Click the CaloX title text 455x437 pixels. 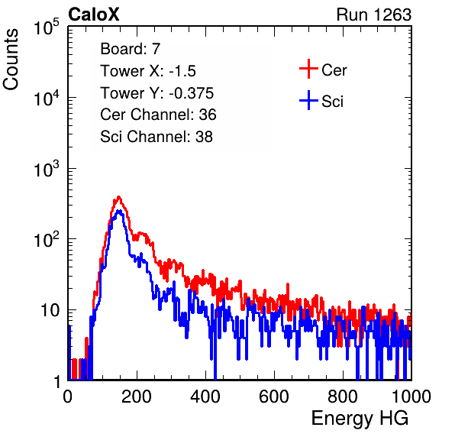[94, 15]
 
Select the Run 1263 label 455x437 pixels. [374, 15]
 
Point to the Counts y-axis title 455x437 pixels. [11, 60]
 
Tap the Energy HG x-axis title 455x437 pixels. [360, 419]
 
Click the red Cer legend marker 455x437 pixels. [308, 69]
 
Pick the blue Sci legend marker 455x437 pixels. [308, 101]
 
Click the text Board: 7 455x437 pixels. [130, 49]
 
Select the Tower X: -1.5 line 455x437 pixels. [148, 71]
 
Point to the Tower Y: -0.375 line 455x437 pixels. [157, 93]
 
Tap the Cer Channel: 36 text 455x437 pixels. [158, 115]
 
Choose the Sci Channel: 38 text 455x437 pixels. [157, 137]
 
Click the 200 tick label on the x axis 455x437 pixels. [137, 396]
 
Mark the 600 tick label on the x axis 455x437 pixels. [274, 396]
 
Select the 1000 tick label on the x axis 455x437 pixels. [411, 396]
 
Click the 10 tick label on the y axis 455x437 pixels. [50, 310]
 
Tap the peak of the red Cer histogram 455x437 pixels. [118, 197]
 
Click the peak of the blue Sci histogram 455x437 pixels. [118, 211]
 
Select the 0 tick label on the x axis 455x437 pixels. [68, 396]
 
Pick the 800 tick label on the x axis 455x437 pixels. [343, 396]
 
